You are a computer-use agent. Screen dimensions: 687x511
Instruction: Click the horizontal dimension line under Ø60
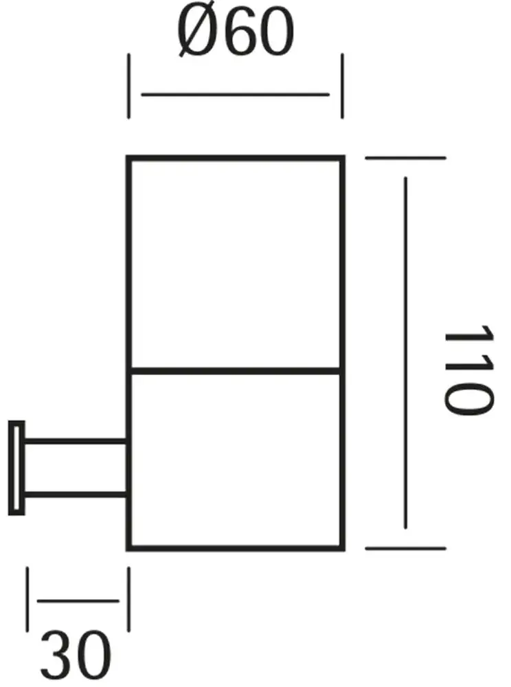[235, 94]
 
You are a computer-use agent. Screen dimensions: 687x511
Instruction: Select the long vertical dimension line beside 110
[406, 352]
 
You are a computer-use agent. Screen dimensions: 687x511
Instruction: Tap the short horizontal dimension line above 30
[78, 601]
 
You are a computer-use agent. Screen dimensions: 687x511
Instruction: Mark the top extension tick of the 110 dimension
[406, 158]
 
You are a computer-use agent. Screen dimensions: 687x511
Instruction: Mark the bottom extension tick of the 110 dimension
[406, 548]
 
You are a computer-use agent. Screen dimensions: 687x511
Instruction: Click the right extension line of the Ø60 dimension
[341, 87]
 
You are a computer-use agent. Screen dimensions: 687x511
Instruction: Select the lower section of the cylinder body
[235, 460]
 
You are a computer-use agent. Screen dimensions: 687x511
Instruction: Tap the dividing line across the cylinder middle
[235, 372]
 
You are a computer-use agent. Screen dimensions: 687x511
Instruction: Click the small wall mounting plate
[16, 467]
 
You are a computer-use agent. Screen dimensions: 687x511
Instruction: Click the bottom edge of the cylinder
[235, 548]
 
